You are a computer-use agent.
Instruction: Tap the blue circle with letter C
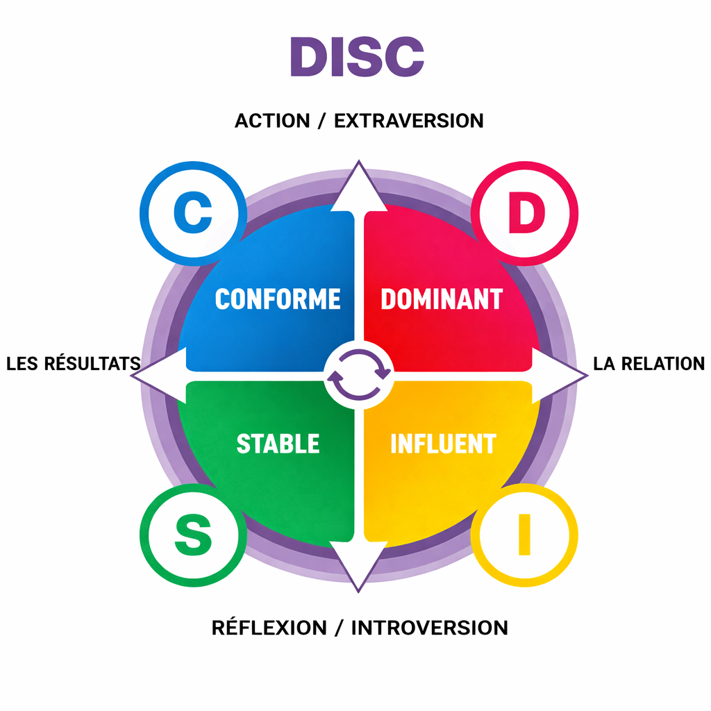coord(193,215)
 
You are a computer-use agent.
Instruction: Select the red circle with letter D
coord(524,215)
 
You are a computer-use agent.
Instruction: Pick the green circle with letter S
coord(192,535)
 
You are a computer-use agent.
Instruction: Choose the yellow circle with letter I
coord(524,535)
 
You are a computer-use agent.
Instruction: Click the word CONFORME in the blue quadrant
coord(278,299)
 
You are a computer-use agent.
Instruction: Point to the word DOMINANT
coord(442,299)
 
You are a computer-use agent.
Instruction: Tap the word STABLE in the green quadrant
coord(278,444)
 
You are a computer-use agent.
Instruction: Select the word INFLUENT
coord(443,444)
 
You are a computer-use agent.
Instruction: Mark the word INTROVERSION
coord(429,628)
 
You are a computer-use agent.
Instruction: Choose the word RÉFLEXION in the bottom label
coord(269,628)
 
